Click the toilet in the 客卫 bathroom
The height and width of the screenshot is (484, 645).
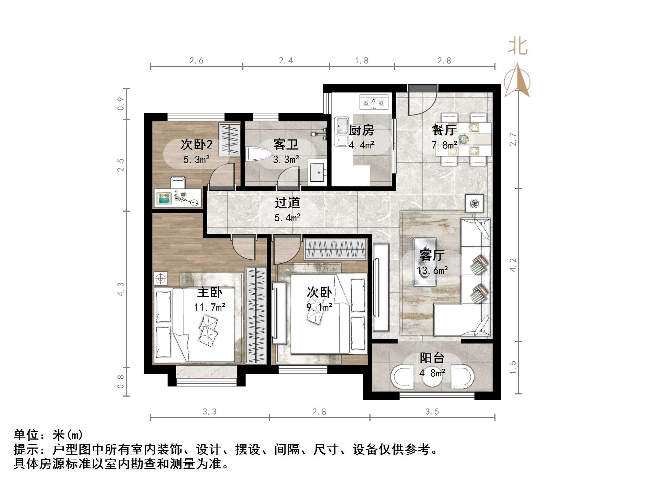point(258,154)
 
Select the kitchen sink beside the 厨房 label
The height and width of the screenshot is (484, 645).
point(341,131)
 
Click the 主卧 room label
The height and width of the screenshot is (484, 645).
point(209,292)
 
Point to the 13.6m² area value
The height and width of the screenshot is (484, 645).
point(432,270)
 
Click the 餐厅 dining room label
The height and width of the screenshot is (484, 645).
point(444,129)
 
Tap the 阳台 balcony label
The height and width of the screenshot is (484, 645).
point(432,358)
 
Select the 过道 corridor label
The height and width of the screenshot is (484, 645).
point(287,203)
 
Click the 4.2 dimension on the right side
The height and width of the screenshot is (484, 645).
point(513,265)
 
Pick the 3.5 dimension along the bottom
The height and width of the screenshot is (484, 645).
point(432,412)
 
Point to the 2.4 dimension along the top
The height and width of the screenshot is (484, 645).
point(286,61)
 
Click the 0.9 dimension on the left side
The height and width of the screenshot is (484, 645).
point(121,104)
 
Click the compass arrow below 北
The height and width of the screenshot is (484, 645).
point(517,81)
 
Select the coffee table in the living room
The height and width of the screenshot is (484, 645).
point(425,262)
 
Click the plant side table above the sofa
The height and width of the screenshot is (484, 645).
point(474,204)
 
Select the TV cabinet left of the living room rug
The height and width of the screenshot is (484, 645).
point(381,287)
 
